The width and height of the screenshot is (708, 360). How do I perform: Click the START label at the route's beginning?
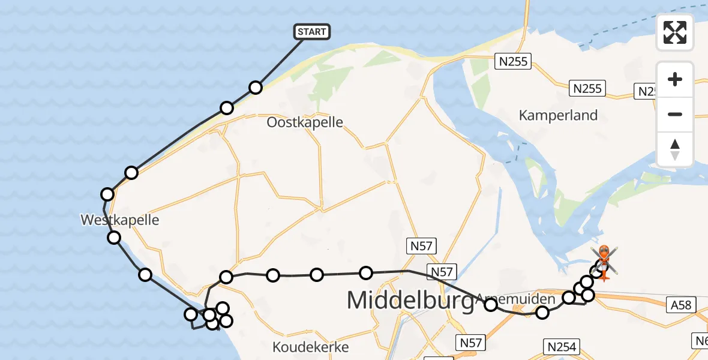point(312,32)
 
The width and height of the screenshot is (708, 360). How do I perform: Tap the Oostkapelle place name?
point(305,122)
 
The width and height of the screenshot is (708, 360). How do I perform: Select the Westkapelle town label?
point(120,220)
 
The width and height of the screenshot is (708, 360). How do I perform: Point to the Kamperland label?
point(558,115)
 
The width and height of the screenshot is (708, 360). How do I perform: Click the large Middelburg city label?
point(408,299)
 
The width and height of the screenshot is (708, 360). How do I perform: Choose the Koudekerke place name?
point(310,347)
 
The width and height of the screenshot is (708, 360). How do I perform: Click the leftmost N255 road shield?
point(513,61)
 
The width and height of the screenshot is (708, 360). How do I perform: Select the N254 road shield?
point(562,346)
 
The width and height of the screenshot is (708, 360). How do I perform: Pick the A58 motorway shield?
point(680,305)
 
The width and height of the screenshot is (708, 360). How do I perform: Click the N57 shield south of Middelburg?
point(471,343)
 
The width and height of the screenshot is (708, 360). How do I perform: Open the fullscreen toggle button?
point(675,32)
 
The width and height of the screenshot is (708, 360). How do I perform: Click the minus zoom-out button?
point(675,114)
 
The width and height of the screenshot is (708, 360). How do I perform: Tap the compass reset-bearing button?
point(675,149)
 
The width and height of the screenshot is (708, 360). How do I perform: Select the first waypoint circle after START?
point(256,88)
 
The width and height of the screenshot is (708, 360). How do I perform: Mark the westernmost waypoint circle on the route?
point(107,194)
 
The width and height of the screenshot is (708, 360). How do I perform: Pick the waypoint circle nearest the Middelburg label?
point(366,273)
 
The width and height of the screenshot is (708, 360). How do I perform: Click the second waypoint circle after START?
point(227,108)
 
